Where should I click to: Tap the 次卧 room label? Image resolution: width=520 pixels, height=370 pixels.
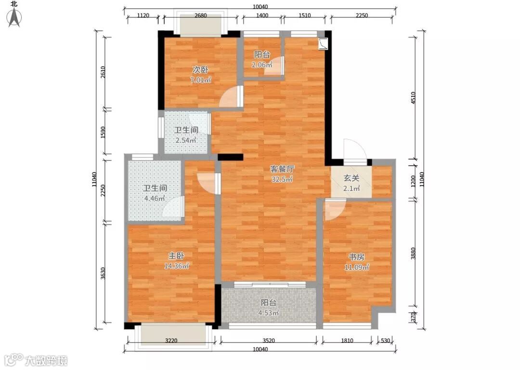tap(201, 70)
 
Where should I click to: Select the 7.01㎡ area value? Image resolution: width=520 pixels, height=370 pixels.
tap(201, 80)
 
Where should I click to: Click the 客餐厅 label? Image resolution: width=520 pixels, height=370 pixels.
tap(282, 169)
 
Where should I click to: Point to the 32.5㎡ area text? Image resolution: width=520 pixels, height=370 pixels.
tap(282, 179)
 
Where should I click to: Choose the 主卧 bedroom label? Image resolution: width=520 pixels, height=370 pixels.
tap(176, 256)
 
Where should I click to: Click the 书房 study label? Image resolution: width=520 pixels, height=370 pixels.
tap(356, 257)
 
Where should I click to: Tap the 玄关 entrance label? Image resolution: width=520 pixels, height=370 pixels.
tap(351, 178)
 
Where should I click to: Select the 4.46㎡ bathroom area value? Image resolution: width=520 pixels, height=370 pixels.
tap(155, 199)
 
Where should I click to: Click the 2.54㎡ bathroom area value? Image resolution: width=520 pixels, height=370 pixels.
tap(186, 140)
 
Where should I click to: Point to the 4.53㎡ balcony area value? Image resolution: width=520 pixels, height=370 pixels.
tap(269, 313)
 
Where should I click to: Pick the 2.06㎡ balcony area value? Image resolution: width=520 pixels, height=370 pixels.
tap(262, 65)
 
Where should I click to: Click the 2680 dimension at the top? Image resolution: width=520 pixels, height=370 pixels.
tap(201, 15)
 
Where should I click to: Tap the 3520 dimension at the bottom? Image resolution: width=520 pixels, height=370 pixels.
tap(269, 341)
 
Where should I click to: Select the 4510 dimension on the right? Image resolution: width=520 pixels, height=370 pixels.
tap(413, 98)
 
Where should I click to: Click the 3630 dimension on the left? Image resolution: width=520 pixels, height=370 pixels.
tap(103, 273)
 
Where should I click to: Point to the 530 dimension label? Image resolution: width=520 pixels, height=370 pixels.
tap(386, 341)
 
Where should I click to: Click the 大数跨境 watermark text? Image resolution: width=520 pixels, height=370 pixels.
tap(46, 360)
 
